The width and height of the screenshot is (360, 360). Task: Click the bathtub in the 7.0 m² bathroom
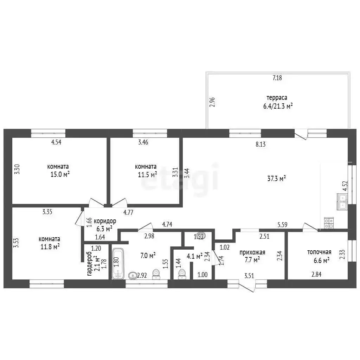[118, 263]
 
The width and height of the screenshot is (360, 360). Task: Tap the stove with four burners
[329, 223]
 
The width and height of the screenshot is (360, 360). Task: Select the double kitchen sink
[342, 201]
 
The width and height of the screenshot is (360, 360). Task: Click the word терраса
[277, 98]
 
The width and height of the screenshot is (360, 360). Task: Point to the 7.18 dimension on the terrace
[277, 78]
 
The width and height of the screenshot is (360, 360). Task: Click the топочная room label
[319, 252]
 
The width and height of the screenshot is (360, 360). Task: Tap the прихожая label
[252, 252]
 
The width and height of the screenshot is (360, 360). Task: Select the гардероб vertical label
[90, 264]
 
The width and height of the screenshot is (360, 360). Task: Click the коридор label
[105, 221]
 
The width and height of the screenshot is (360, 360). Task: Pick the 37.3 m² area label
[276, 178]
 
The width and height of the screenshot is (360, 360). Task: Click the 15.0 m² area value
[60, 174]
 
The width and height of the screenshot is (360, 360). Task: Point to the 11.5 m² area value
[147, 174]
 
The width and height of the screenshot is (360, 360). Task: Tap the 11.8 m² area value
[50, 247]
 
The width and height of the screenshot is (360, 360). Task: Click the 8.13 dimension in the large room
[261, 144]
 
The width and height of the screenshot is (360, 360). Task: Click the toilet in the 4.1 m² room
[182, 274]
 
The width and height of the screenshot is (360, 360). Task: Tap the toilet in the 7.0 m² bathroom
[156, 274]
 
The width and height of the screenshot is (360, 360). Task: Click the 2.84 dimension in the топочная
[316, 274]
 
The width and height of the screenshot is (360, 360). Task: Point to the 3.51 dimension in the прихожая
[249, 275]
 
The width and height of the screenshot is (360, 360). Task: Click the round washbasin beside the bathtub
[133, 275]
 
